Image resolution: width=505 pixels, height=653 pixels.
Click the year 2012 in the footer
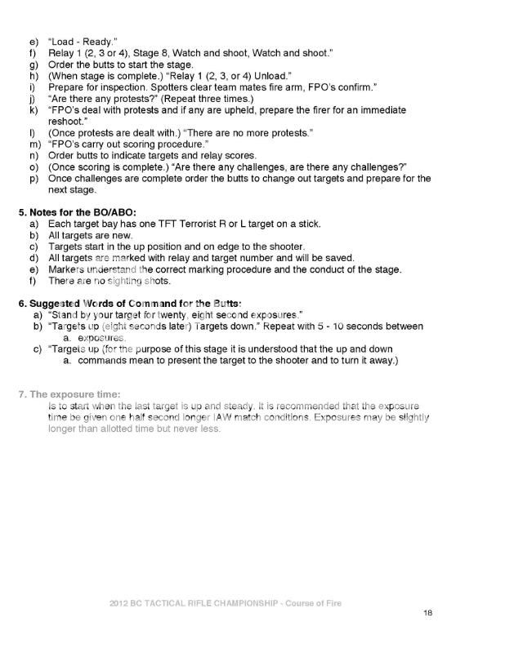[x=120, y=603]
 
